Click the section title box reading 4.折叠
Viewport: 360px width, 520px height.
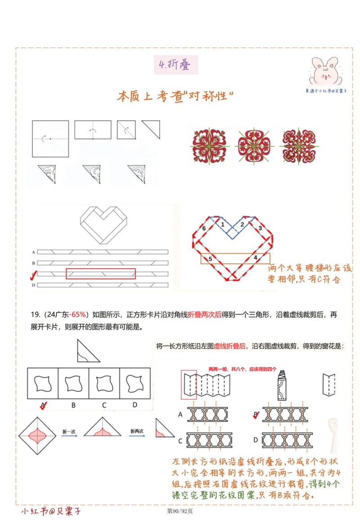(x=175, y=65)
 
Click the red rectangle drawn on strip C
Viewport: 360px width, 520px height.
(x=100, y=273)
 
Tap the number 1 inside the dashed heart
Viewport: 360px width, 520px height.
(x=222, y=224)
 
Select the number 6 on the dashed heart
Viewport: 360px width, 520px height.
(x=204, y=229)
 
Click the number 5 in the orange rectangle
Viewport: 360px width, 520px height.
(x=210, y=259)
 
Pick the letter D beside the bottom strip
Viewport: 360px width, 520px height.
(x=33, y=285)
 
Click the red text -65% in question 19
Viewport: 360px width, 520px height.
(x=78, y=314)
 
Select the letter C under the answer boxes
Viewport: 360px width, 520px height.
(x=104, y=405)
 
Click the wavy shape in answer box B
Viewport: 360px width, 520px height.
(x=73, y=383)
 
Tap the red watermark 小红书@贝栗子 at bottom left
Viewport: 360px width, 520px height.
(x=51, y=511)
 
